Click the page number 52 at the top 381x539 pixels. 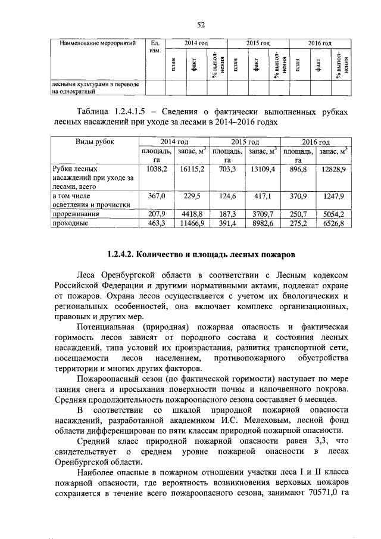[x=201, y=24]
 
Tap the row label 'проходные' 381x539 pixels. [x=71, y=223]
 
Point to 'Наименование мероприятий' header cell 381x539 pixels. [x=98, y=43]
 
